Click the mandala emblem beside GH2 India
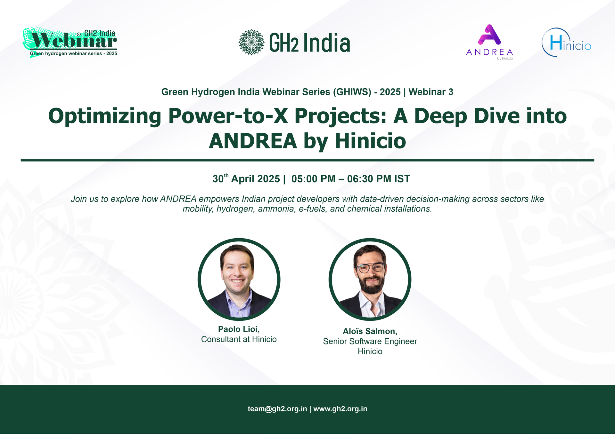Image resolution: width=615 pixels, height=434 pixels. point(251,42)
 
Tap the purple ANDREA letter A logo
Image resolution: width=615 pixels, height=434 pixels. point(489,35)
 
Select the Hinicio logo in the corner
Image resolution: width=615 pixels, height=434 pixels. point(566,42)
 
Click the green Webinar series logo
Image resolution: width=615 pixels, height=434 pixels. point(70,42)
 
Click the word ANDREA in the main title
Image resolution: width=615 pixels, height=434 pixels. point(253,141)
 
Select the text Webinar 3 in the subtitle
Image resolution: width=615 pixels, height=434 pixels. point(431,92)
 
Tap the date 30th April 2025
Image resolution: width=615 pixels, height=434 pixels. point(246,178)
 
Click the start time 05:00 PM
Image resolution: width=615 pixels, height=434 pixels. point(313,179)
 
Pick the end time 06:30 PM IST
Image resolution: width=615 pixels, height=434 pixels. point(379,179)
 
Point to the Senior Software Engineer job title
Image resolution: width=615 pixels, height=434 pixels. point(370,342)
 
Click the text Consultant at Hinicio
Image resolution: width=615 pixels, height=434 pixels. point(239,339)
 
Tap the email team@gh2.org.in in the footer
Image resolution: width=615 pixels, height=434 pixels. point(277,409)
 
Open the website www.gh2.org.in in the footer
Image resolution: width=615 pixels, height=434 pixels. point(340,409)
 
